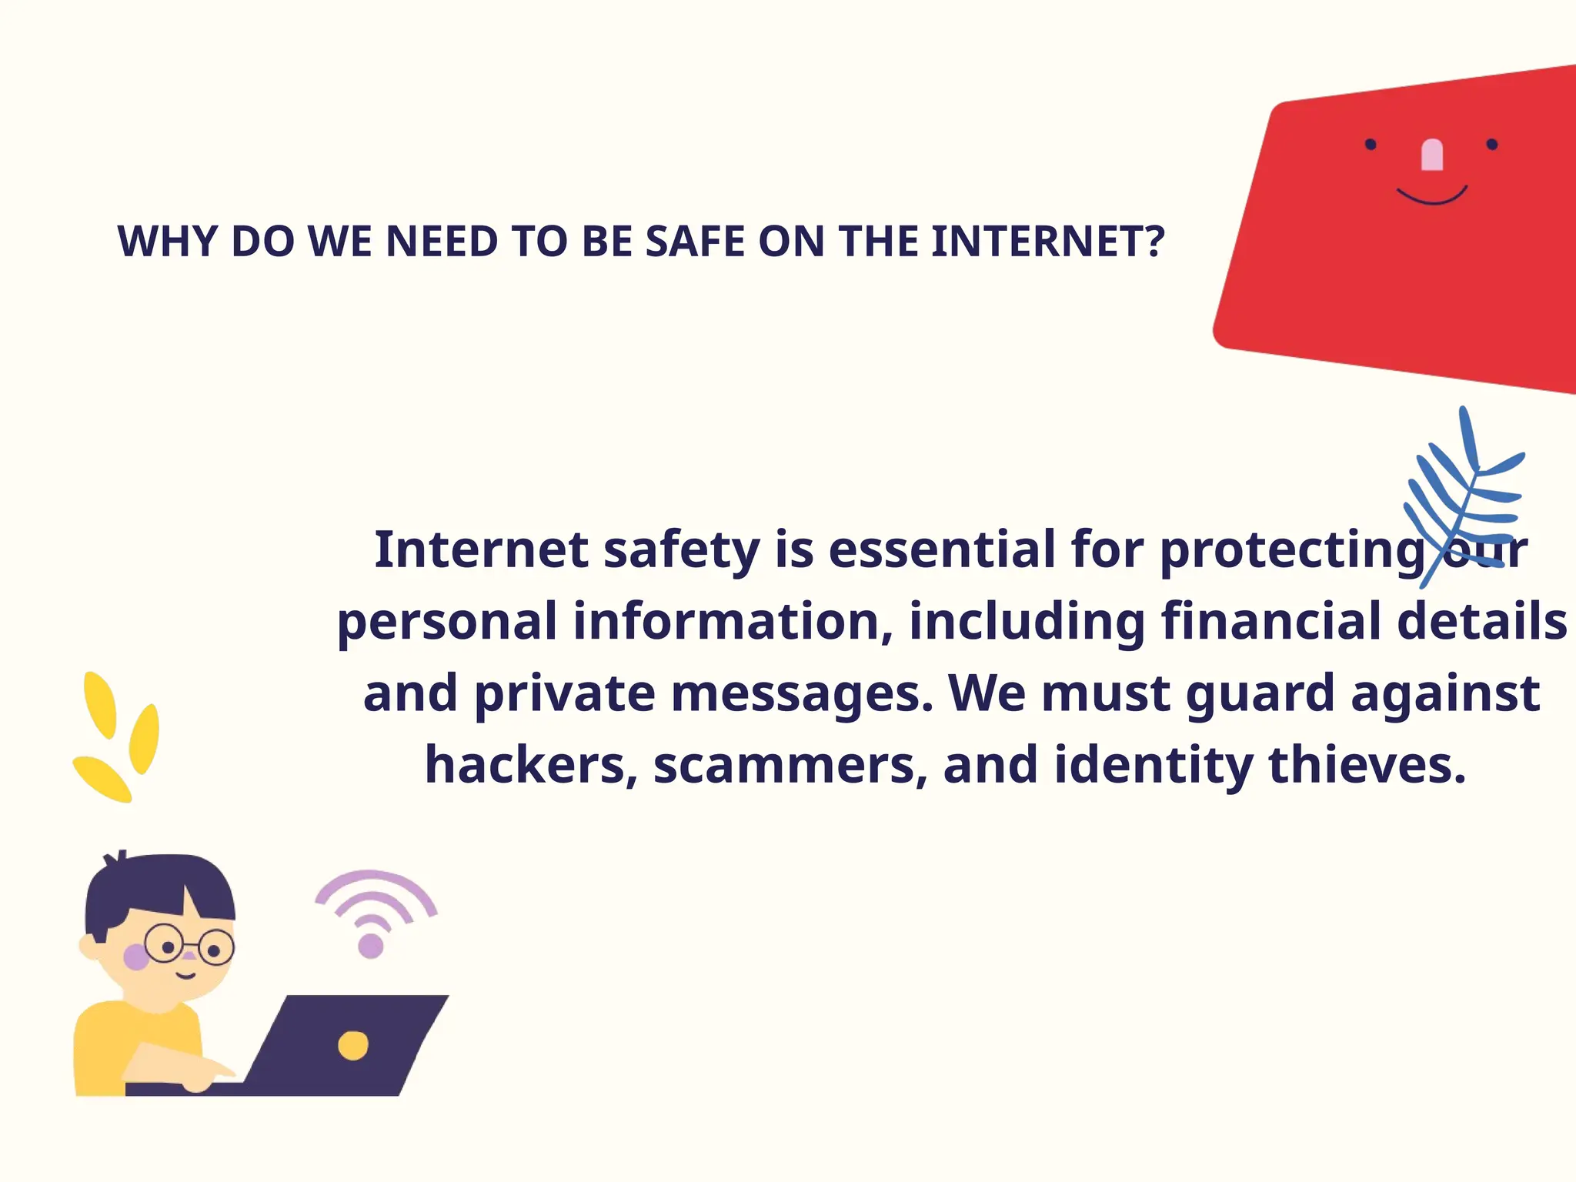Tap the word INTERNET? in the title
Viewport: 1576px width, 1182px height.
click(x=1047, y=242)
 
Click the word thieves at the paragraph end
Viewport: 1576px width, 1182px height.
click(x=1367, y=765)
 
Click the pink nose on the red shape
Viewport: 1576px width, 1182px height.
click(x=1431, y=155)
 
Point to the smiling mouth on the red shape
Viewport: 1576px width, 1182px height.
click(x=1432, y=197)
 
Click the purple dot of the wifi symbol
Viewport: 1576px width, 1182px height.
click(x=371, y=946)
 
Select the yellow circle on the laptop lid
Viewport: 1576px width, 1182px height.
click(x=353, y=1045)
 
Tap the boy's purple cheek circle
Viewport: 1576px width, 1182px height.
click(x=136, y=957)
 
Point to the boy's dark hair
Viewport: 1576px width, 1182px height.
click(x=154, y=885)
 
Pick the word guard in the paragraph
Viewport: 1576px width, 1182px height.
click(x=1261, y=693)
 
